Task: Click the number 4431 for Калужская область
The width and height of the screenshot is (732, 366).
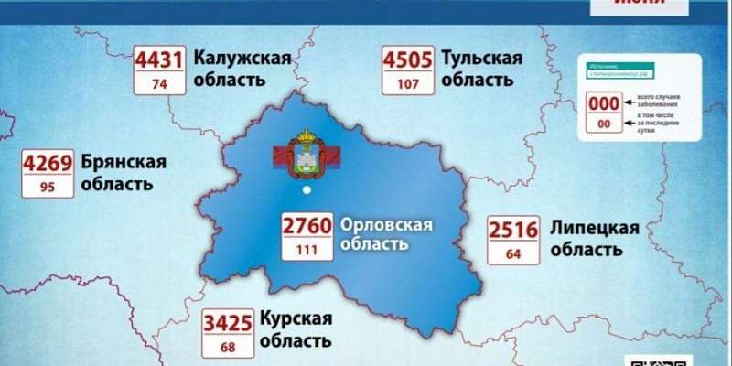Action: coord(160,59)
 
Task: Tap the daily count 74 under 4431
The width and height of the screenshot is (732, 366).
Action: coord(160,83)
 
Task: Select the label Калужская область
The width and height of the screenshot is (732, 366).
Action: coord(242,69)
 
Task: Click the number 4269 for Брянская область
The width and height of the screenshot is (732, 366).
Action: coord(48,165)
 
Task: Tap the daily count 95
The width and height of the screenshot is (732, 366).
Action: coord(48,188)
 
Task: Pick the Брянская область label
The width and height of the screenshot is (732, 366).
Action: coord(124,172)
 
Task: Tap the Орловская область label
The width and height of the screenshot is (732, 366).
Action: coord(384,234)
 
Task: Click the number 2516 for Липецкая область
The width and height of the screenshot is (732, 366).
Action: coord(512,229)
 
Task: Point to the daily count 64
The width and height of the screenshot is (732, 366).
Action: coord(512,253)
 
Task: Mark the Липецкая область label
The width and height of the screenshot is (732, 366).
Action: coord(594,237)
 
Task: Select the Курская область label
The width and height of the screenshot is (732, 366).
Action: coord(295,330)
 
